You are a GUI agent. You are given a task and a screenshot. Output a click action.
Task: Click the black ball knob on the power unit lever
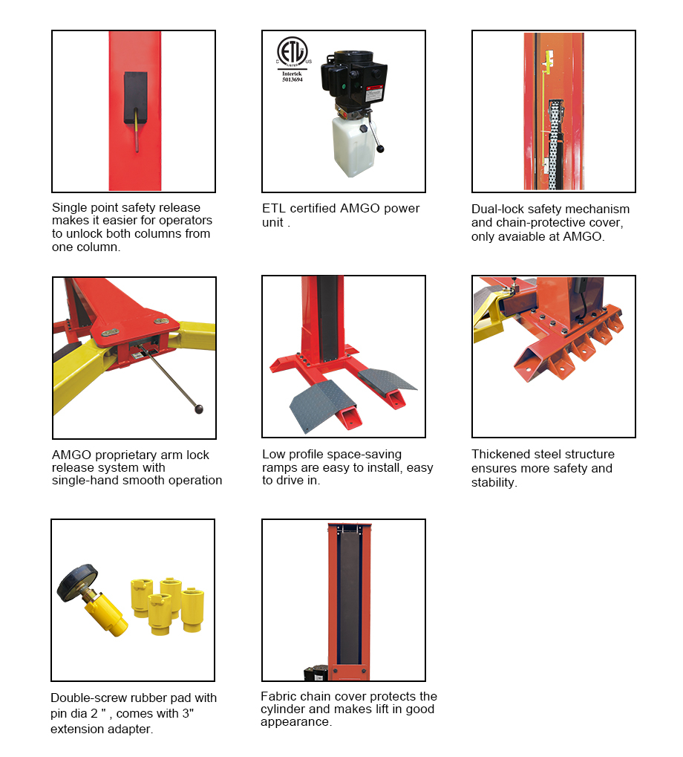(381, 149)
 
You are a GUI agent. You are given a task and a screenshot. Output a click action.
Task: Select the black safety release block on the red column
(136, 98)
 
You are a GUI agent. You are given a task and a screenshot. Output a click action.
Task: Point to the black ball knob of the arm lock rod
(199, 409)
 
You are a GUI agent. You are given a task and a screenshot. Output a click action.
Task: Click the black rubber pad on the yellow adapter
(77, 582)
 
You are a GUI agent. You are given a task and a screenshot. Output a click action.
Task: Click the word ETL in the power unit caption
(274, 208)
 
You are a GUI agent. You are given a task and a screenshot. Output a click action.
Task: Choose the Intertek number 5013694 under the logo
(293, 79)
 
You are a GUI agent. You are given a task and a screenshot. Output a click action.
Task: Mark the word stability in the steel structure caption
(494, 483)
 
